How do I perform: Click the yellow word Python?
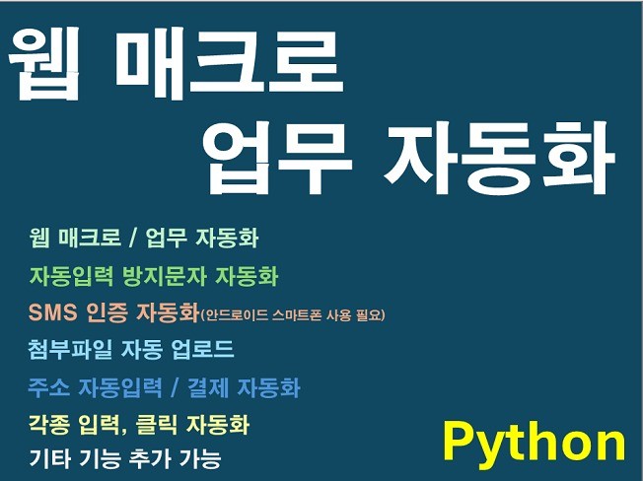pyautogui.click(x=534, y=443)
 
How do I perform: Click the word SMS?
pyautogui.click(x=54, y=314)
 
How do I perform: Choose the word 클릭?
pyautogui.click(x=153, y=425)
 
